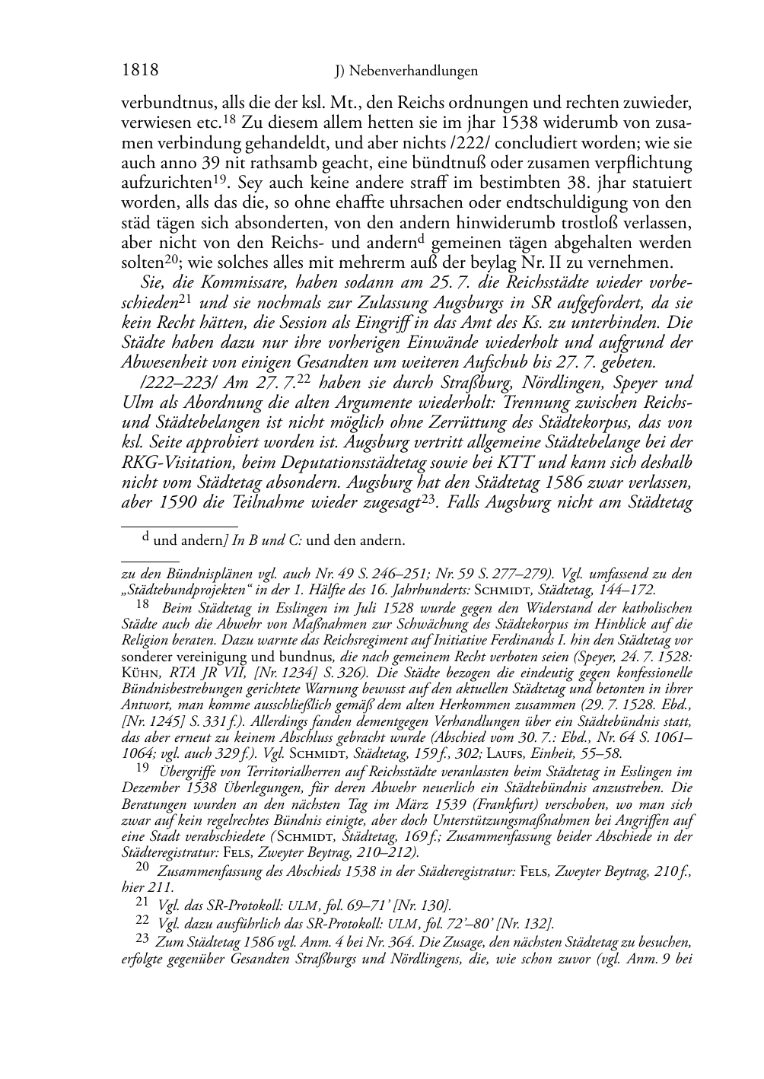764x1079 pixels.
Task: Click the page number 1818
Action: tap(140, 71)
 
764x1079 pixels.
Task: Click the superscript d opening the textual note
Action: tap(146, 538)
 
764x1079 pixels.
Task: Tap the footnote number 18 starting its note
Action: tap(142, 605)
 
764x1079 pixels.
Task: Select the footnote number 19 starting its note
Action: tap(142, 769)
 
